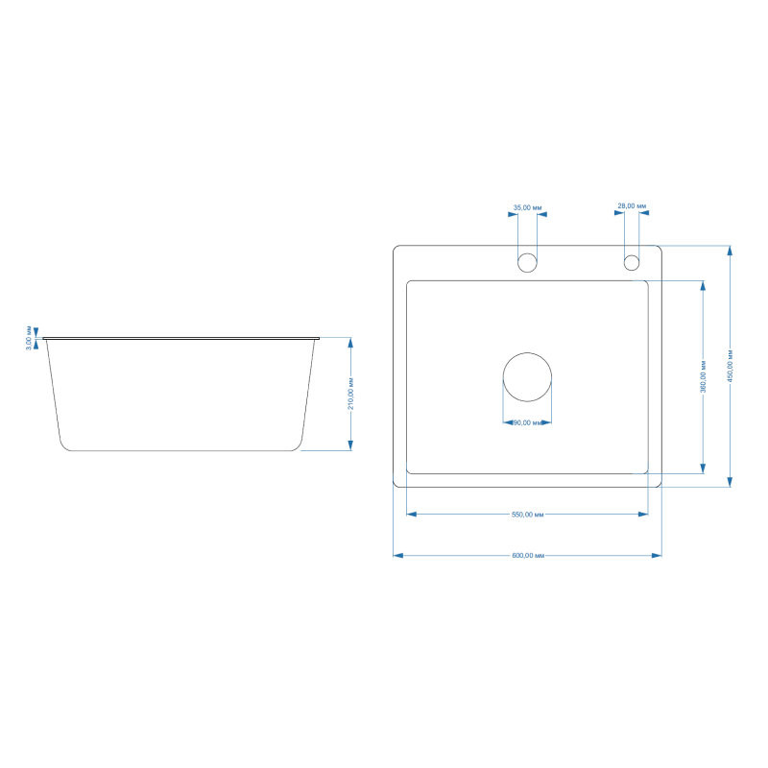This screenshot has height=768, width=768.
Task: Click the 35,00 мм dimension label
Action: pyautogui.click(x=527, y=207)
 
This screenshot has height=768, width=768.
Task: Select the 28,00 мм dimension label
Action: pyautogui.click(x=632, y=206)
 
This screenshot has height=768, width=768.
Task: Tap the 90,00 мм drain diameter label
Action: pyautogui.click(x=528, y=422)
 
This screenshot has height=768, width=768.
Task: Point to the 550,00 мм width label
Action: pyautogui.click(x=527, y=515)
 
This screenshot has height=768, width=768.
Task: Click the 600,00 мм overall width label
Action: pyautogui.click(x=528, y=556)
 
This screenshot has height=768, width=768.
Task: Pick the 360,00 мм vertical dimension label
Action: pyautogui.click(x=704, y=376)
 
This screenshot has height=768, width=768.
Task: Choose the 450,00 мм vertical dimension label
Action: pyautogui.click(x=731, y=366)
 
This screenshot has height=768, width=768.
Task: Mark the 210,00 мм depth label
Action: pyautogui.click(x=350, y=394)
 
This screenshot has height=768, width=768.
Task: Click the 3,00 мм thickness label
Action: pyautogui.click(x=29, y=338)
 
